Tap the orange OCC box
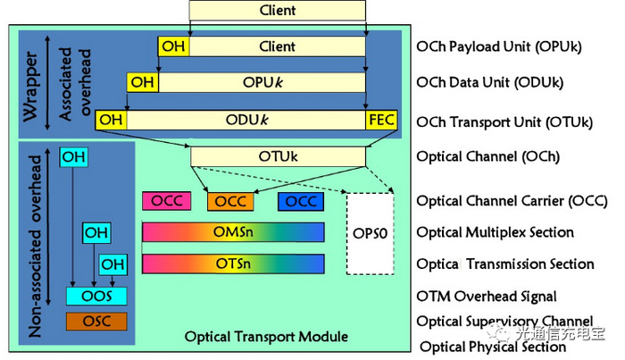231,201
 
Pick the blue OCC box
300,201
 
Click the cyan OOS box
96,296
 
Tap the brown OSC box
96,320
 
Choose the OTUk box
278,156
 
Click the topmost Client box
278,11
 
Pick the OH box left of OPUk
142,83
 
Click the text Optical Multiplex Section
495,232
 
